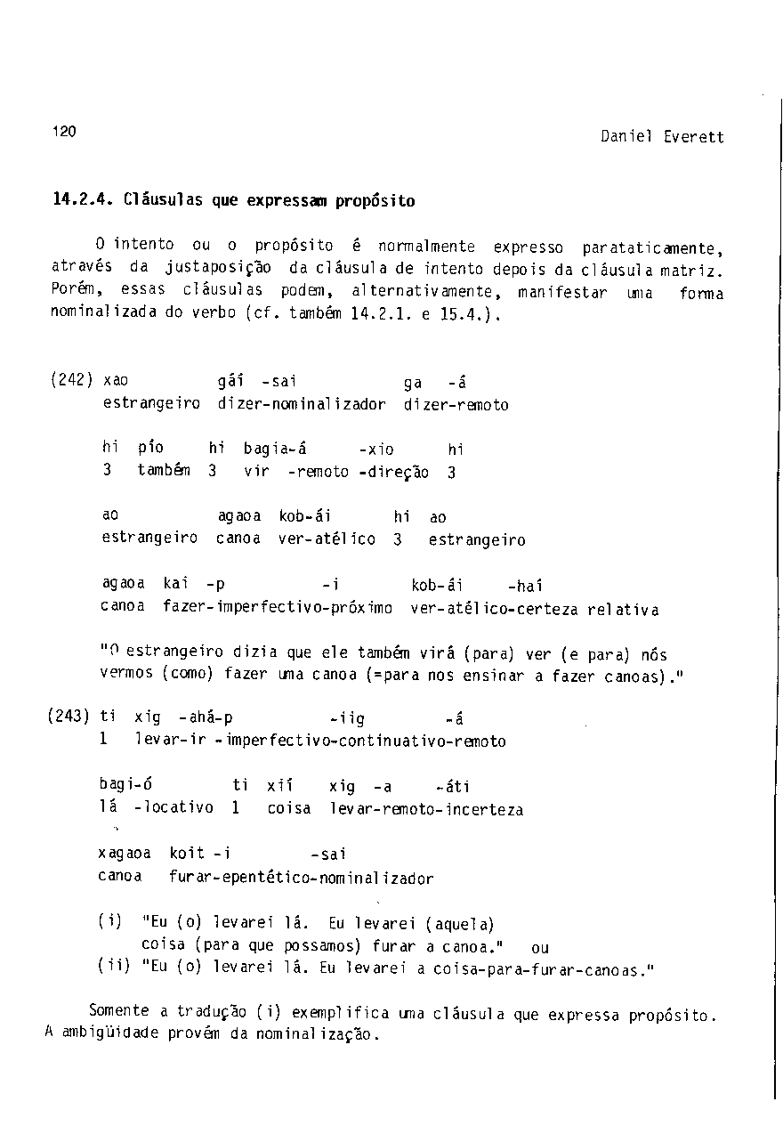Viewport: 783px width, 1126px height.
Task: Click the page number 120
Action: pos(64,132)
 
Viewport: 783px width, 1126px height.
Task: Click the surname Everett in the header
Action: pos(694,137)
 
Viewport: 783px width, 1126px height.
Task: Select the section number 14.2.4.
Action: pos(84,200)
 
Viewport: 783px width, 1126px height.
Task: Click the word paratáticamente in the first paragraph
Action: pos(651,247)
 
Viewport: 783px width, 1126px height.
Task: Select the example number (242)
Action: pos(72,381)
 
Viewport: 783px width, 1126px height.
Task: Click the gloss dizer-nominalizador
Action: pos(302,405)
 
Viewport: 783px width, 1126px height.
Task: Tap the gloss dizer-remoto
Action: pos(456,405)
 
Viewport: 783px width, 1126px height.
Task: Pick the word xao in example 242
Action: pos(117,381)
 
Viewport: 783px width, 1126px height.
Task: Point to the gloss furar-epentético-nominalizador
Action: pos(301,879)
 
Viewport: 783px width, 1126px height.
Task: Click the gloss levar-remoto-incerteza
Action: pos(426,810)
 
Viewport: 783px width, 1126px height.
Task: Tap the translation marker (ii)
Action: pos(112,970)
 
